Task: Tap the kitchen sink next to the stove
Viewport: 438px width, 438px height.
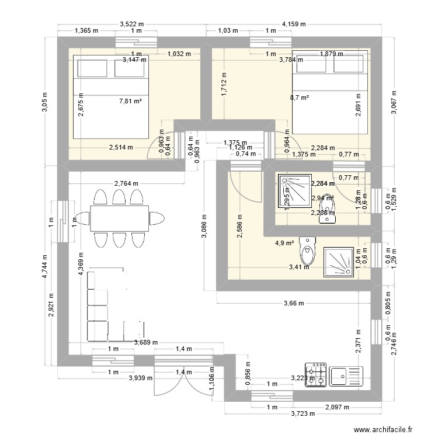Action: coord(346,375)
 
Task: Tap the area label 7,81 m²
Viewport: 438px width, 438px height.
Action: coord(131,101)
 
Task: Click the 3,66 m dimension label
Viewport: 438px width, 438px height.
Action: coord(294,303)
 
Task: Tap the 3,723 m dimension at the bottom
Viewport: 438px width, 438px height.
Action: coord(302,413)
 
